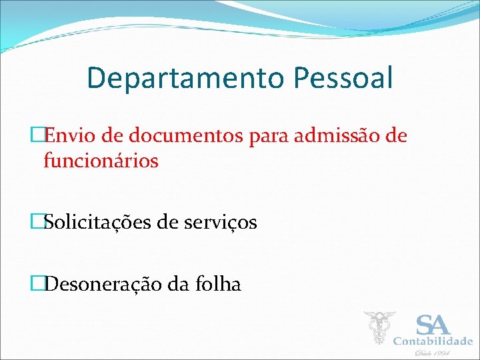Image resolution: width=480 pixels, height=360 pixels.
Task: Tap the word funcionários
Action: point(101,161)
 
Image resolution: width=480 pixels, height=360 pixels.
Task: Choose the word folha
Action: point(219,285)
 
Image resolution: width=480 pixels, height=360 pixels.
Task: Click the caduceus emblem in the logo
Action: point(379,327)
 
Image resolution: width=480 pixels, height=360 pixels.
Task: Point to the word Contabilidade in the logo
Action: point(433,341)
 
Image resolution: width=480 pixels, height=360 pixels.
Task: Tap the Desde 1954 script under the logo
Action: point(433,353)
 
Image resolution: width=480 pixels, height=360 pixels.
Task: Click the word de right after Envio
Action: point(113,136)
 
